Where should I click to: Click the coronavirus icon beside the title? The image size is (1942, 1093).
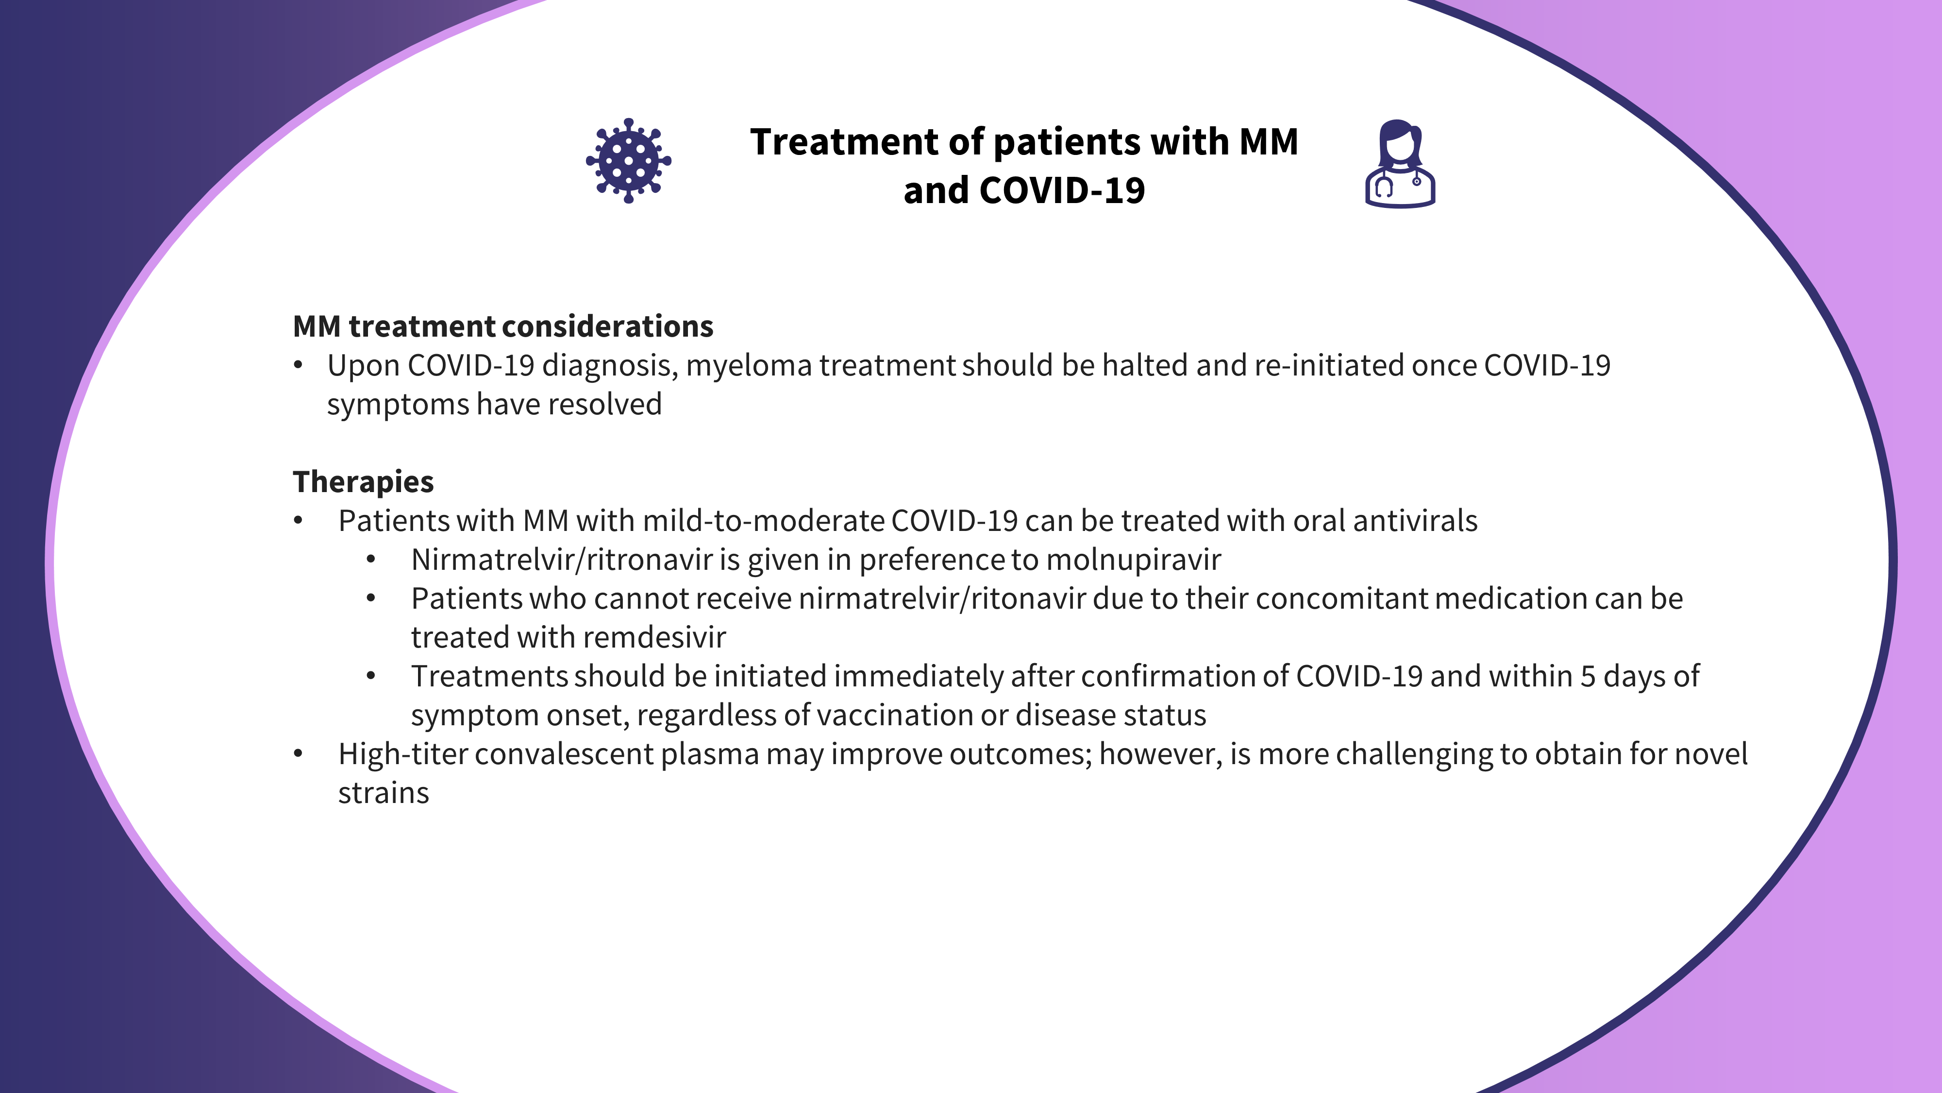pyautogui.click(x=629, y=161)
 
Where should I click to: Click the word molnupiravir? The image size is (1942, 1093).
pyautogui.click(x=1134, y=560)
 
